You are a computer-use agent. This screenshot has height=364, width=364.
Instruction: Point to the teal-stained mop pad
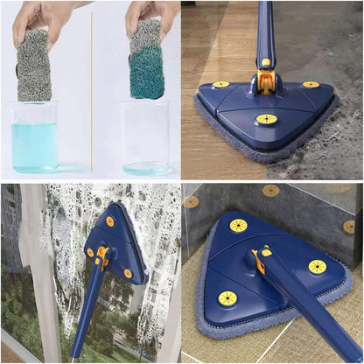[146, 61]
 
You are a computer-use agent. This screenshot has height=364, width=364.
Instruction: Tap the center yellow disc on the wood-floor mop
[267, 118]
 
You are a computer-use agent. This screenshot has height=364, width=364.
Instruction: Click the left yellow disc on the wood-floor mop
[221, 85]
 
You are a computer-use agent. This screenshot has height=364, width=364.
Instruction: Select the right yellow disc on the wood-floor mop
[311, 85]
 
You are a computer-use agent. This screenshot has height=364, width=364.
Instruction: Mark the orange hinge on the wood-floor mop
[267, 84]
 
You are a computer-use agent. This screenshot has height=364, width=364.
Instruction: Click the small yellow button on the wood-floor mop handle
[266, 62]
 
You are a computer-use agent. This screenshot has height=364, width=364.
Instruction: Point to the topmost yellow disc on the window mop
[110, 221]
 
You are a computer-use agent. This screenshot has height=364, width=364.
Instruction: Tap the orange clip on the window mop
[102, 256]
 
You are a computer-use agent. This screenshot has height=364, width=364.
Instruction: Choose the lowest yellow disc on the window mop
[127, 273]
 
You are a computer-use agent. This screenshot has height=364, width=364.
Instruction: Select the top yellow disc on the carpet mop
[238, 225]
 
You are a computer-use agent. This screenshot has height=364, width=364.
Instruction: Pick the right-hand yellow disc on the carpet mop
[317, 267]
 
